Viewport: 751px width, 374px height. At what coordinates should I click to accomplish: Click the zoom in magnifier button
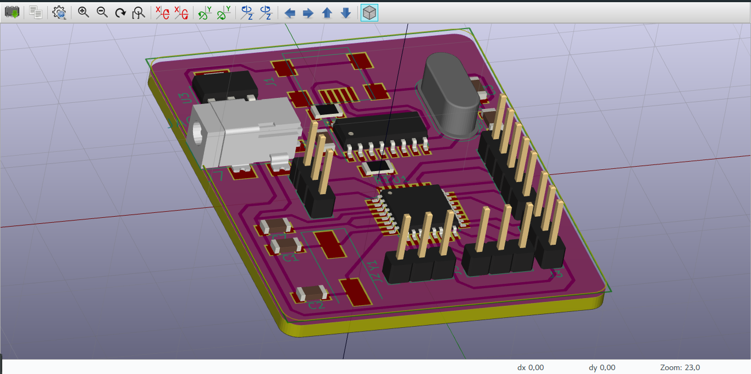tap(84, 13)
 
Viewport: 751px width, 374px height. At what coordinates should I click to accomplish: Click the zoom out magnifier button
tap(102, 13)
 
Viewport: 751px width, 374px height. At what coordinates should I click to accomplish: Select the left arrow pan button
tap(290, 13)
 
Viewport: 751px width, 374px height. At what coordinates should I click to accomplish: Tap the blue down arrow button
tap(346, 13)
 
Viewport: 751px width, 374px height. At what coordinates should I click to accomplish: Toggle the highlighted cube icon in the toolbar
tap(369, 13)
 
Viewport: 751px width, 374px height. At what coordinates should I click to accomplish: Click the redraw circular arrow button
tap(120, 13)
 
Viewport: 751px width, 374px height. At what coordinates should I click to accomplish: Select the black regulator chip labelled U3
tap(224, 85)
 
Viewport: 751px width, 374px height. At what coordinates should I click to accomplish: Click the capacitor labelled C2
tap(312, 294)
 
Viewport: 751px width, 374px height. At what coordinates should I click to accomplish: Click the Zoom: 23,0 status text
tap(679, 367)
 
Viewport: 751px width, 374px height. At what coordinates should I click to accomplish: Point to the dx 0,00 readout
tap(531, 367)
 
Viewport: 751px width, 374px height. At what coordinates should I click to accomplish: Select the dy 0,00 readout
tap(601, 367)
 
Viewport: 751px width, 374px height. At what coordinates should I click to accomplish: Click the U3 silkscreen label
tap(185, 98)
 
